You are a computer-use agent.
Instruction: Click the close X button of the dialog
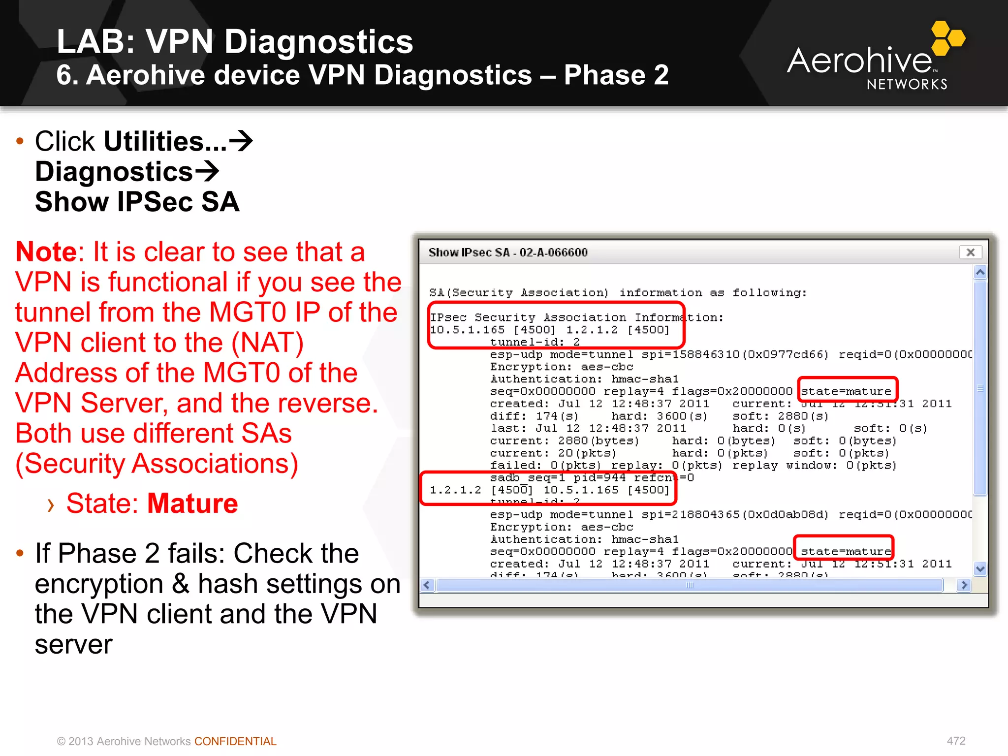(970, 252)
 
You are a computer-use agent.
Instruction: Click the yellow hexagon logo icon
(947, 38)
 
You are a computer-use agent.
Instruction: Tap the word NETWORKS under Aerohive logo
(907, 85)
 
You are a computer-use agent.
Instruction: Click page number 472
(956, 741)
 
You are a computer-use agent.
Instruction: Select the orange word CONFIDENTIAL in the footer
(235, 741)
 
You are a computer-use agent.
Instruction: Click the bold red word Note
(46, 252)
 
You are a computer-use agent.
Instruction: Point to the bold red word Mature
(192, 503)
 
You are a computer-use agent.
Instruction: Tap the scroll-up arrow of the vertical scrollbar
(980, 272)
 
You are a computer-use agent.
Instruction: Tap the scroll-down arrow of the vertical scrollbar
(980, 569)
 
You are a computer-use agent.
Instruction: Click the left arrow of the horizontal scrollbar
(427, 585)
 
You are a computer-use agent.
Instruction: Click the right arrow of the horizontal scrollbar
(964, 585)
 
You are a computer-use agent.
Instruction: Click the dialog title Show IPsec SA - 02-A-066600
(507, 252)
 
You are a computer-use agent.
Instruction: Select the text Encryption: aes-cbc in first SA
(561, 367)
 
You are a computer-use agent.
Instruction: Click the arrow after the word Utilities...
(241, 142)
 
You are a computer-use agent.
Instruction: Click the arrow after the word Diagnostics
(207, 172)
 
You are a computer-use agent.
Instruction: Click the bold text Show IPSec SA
(137, 202)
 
